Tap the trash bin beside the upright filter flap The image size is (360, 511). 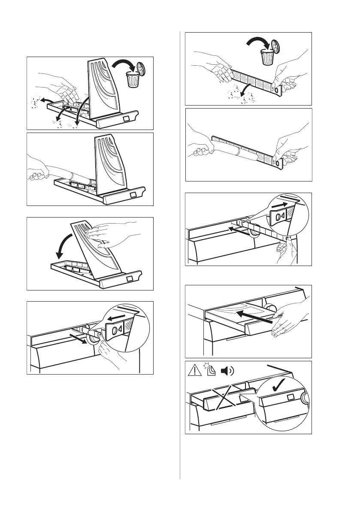click(x=133, y=79)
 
